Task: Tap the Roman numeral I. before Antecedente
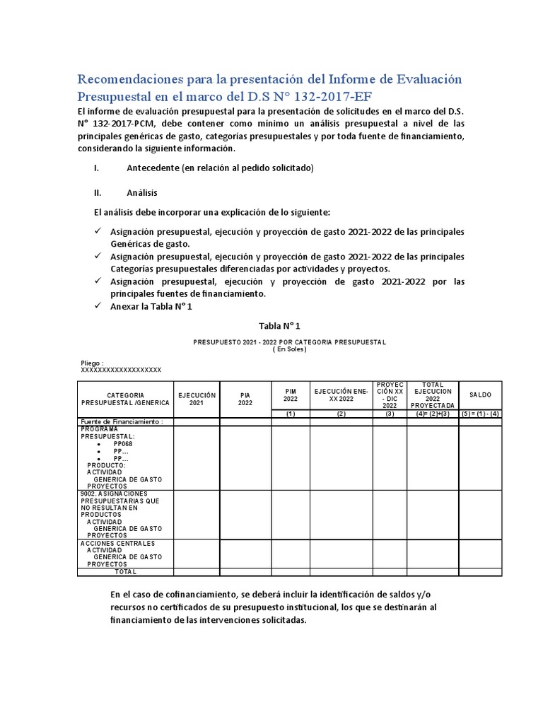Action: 96,168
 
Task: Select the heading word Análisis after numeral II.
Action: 141,192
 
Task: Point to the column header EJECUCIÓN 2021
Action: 197,398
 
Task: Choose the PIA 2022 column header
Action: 245,398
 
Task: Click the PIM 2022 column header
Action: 291,395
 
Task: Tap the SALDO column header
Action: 480,395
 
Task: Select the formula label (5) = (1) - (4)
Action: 480,414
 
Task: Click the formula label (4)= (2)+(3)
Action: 432,414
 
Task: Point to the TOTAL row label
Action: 125,571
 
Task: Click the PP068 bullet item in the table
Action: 122,443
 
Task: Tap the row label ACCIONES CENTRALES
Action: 117,543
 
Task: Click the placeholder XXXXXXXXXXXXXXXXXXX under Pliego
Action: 122,370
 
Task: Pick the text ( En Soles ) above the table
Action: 290,349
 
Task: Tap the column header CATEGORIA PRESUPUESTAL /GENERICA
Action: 125,398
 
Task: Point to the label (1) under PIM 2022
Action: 291,414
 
